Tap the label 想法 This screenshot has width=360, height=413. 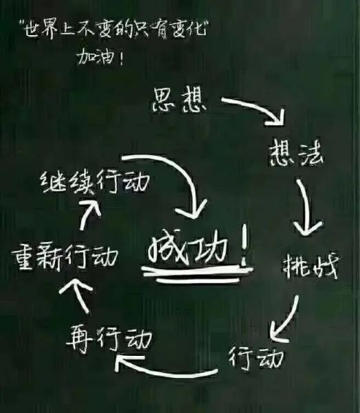(x=296, y=153)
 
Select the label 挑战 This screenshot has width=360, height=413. (x=310, y=267)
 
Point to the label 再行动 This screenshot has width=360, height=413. (x=109, y=339)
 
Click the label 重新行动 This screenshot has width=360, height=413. (x=65, y=256)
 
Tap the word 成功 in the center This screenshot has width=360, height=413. (x=187, y=248)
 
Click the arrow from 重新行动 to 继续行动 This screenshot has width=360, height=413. (x=86, y=214)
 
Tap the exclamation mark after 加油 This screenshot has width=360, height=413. (x=121, y=57)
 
